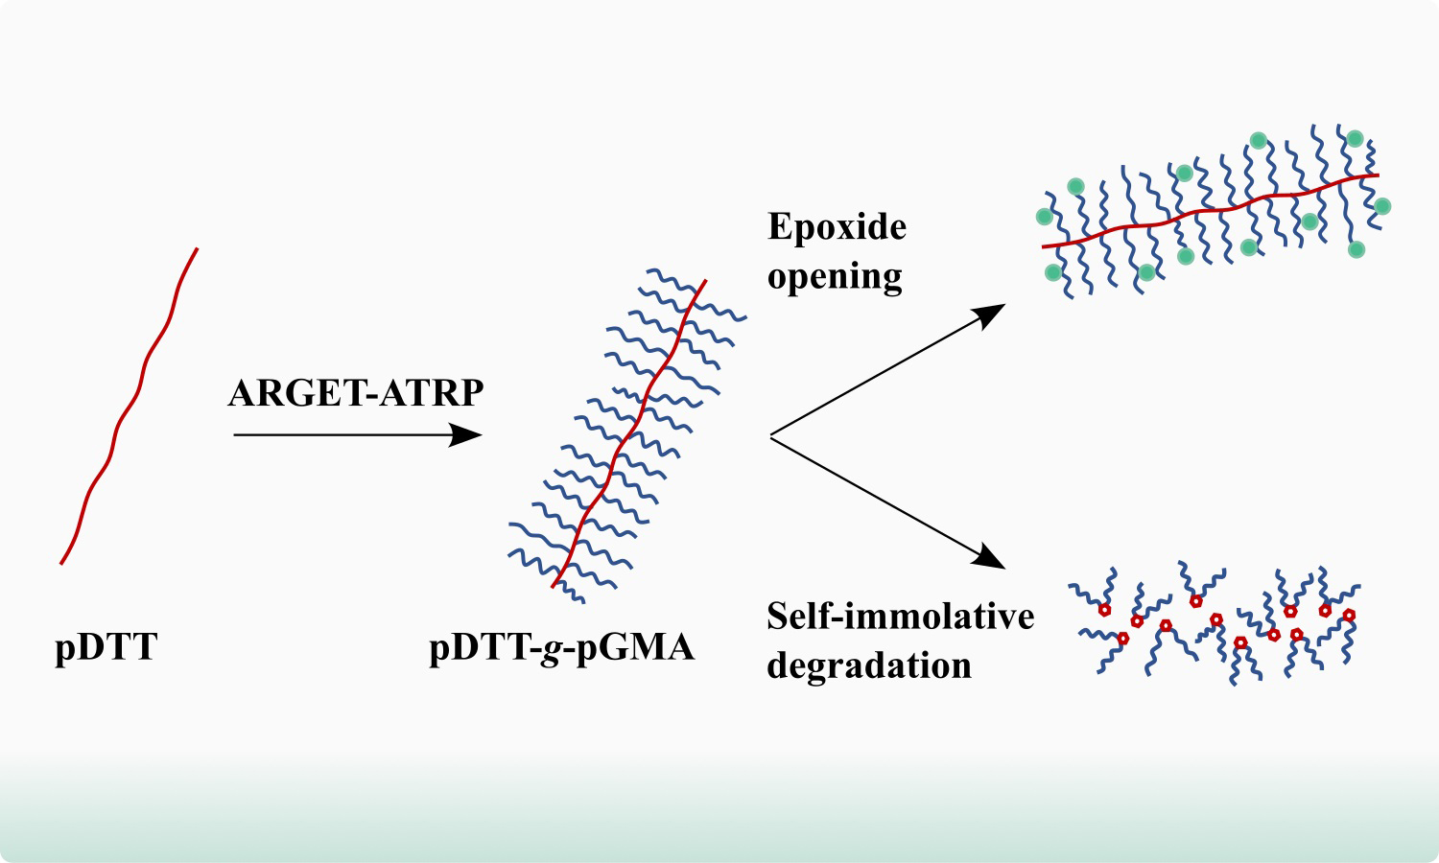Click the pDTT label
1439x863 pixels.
click(106, 647)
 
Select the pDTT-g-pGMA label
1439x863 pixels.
click(561, 647)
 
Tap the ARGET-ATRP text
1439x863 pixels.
click(356, 393)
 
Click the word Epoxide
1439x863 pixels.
click(837, 227)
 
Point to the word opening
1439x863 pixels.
click(835, 276)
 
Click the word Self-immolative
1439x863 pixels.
click(900, 616)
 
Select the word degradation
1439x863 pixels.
click(869, 665)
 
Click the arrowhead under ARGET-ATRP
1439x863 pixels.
click(468, 435)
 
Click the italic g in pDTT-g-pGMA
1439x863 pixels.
click(551, 649)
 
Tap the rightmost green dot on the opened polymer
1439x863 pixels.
click(1382, 205)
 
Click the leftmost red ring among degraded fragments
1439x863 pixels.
click(1104, 610)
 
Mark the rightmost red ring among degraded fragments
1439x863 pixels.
click(1349, 615)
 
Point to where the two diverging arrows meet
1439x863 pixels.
click(772, 436)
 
